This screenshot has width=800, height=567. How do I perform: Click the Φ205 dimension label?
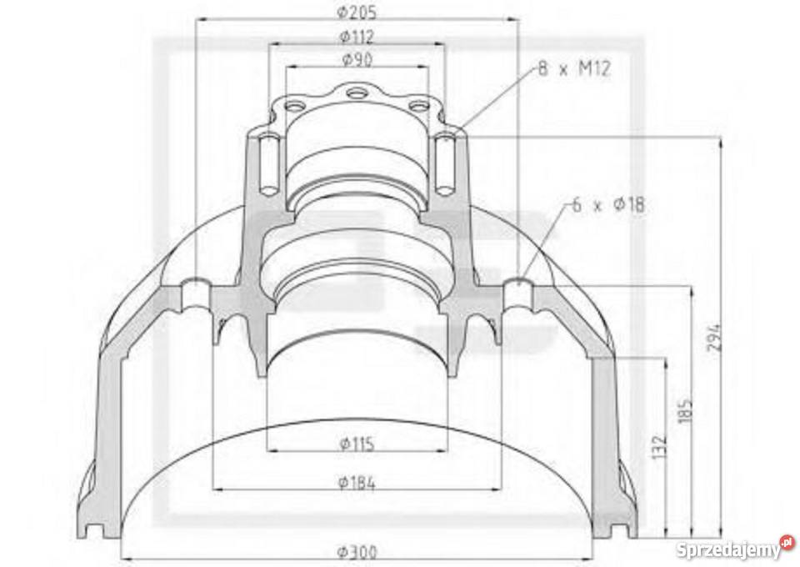point(357,12)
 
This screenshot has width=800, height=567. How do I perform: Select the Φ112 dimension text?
point(357,37)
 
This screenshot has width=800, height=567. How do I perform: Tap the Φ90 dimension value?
point(357,59)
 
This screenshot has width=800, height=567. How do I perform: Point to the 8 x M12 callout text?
point(574,70)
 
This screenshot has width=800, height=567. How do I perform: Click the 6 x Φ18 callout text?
point(609,204)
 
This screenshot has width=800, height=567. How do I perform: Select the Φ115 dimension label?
point(357,444)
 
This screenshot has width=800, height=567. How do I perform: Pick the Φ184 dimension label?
point(357,481)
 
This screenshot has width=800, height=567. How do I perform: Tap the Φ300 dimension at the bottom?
point(357,551)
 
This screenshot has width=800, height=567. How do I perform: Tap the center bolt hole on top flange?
point(357,93)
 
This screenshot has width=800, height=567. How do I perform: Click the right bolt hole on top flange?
point(417,106)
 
